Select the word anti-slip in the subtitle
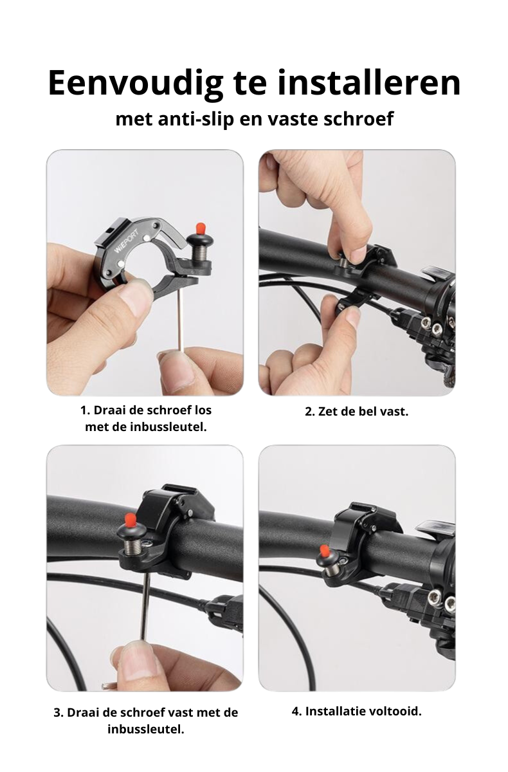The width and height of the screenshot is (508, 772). (195, 118)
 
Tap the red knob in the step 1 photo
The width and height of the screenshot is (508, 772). (200, 228)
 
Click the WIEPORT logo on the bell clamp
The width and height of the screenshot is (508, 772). (127, 241)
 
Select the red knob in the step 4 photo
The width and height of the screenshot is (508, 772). (324, 551)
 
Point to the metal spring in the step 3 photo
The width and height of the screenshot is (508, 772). (132, 546)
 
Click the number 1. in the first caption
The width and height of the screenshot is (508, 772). (85, 410)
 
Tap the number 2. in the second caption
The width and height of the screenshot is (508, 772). (309, 412)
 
